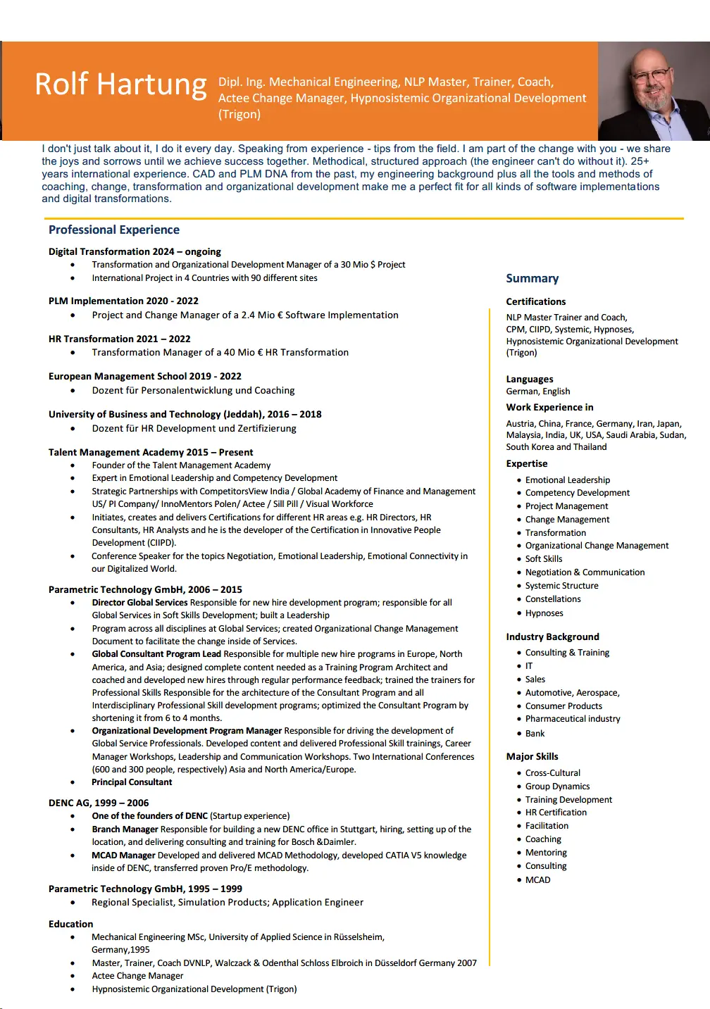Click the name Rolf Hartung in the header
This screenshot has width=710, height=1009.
point(120,84)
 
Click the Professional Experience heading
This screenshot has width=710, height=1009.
point(114,230)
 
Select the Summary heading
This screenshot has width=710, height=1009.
point(532,278)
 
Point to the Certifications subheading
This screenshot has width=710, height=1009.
point(535,301)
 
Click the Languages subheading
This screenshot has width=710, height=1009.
point(529,379)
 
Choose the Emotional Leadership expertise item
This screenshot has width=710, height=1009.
point(567,480)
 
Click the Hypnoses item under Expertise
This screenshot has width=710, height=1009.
point(544,613)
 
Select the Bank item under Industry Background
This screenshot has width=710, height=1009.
point(535,734)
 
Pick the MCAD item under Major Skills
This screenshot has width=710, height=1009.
point(537,880)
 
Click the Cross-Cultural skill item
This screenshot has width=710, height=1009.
point(552,773)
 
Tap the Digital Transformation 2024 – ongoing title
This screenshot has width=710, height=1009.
point(135,251)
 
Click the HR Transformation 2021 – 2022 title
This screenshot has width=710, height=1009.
point(119,339)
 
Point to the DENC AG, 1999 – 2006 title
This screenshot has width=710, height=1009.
point(99,803)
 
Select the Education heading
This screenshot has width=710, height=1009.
point(70,924)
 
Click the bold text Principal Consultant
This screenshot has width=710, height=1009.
point(132,782)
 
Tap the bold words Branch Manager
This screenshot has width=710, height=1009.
point(125,829)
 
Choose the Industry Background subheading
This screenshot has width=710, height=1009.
point(552,637)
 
